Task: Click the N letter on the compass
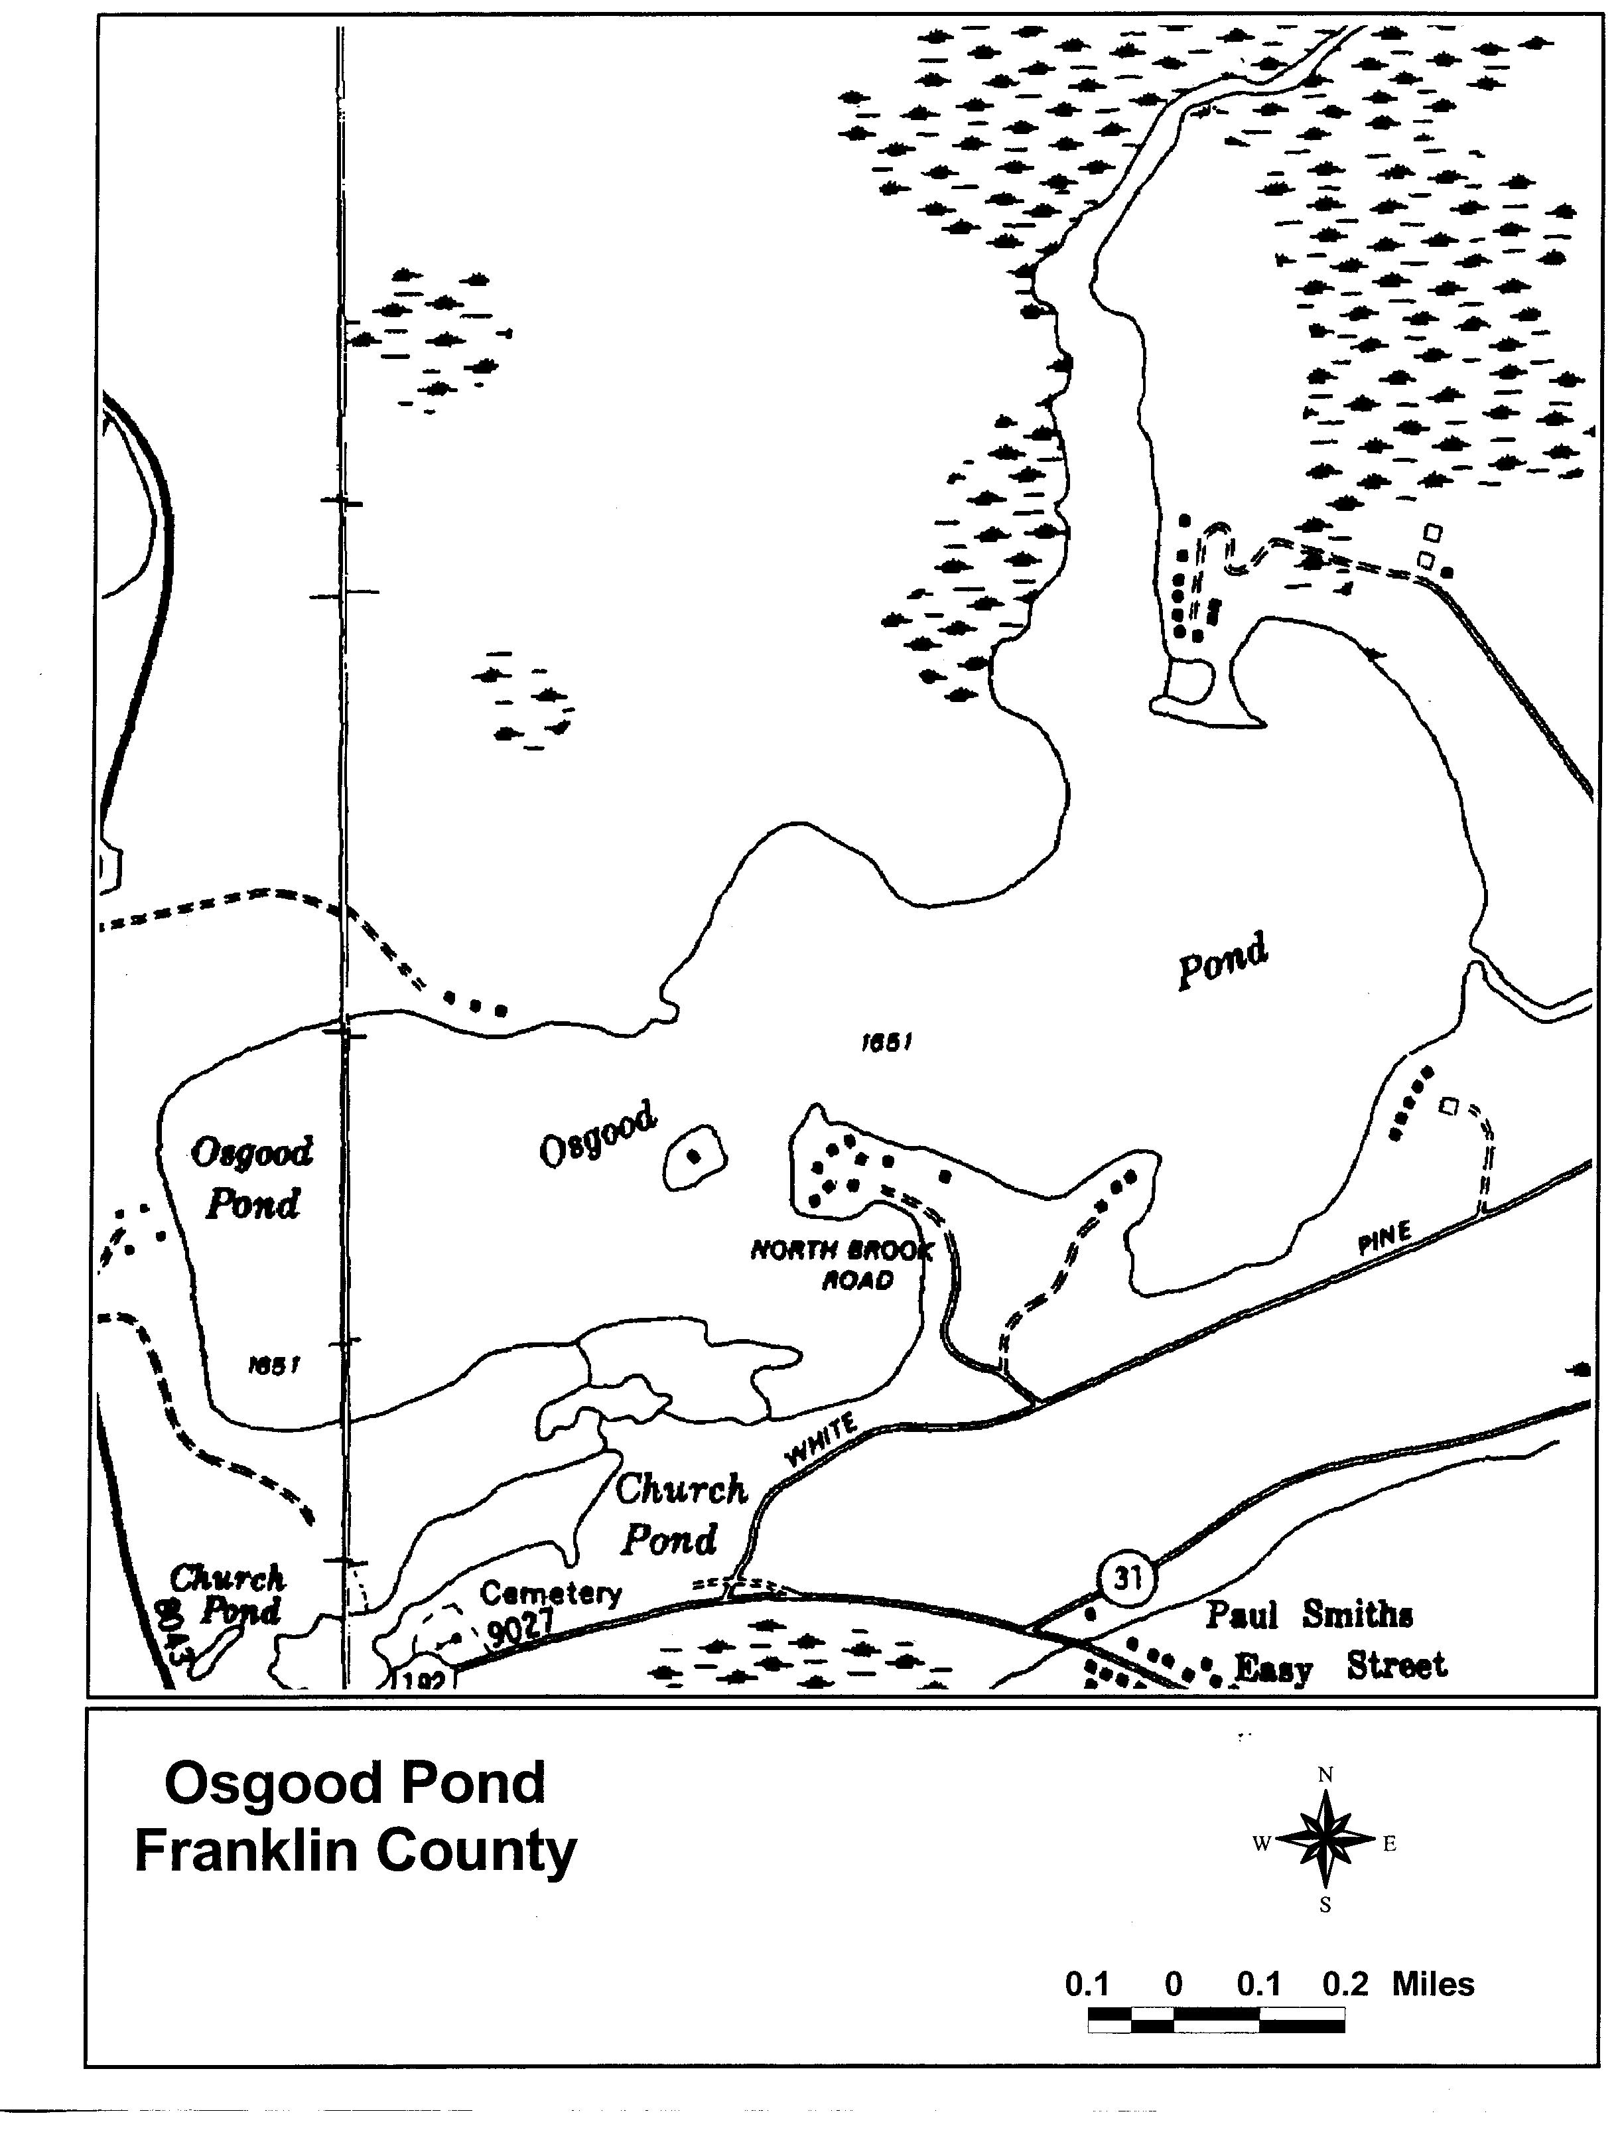tap(1325, 1775)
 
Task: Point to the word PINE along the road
tap(1384, 1240)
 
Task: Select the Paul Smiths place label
tap(1308, 1614)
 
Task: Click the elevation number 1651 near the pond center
tap(887, 1043)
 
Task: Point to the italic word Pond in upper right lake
tap(1222, 961)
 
